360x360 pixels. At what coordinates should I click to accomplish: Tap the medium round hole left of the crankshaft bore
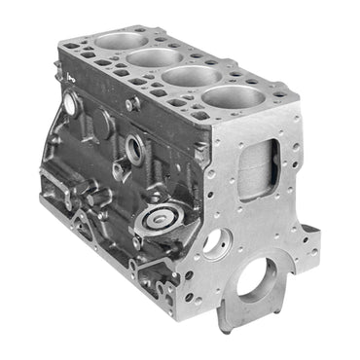tap(216, 240)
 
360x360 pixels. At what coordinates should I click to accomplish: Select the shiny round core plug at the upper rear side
tap(69, 103)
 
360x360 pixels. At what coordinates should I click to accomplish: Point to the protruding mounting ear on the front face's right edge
tap(310, 234)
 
